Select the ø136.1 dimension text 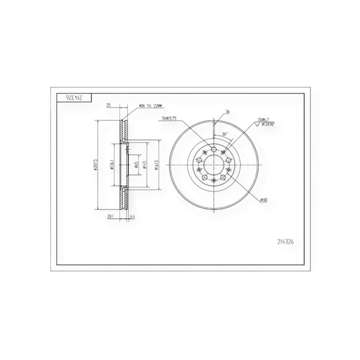pyautogui.click(x=111, y=166)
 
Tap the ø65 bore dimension pyautogui.click(x=135, y=166)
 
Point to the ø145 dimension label pyautogui.click(x=144, y=166)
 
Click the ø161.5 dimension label pyautogui.click(x=156, y=166)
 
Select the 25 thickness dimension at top pyautogui.click(x=108, y=105)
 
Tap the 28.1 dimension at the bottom pyautogui.click(x=109, y=216)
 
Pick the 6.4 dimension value pyautogui.click(x=132, y=216)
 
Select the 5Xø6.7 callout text pyautogui.click(x=263, y=119)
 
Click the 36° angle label pyautogui.click(x=225, y=134)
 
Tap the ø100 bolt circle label pyautogui.click(x=264, y=200)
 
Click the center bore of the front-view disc pyautogui.click(x=214, y=165)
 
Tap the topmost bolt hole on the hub pyautogui.click(x=214, y=151)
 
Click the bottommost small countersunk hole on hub pyautogui.click(x=214, y=180)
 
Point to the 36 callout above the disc pyautogui.click(x=228, y=111)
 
